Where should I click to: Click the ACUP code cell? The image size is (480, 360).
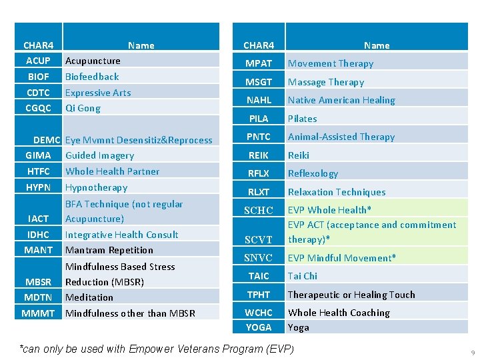tap(38, 61)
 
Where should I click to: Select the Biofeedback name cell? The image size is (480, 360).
tap(92, 77)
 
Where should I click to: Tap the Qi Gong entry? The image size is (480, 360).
tap(83, 108)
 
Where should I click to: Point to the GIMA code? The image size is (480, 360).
tap(38, 155)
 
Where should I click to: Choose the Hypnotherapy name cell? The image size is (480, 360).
tap(96, 187)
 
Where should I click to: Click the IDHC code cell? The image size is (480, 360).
tap(38, 235)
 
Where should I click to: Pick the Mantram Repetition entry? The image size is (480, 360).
tap(109, 250)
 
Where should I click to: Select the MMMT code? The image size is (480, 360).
tap(38, 313)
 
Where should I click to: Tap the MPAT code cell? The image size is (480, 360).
tap(259, 63)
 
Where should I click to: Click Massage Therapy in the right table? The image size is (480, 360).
tap(326, 82)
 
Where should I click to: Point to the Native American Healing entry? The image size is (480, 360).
tap(341, 100)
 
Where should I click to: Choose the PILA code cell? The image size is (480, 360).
tap(259, 119)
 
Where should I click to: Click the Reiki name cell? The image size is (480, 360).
tap(299, 155)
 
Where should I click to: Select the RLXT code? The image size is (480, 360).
tap(259, 192)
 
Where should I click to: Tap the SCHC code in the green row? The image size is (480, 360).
tap(259, 210)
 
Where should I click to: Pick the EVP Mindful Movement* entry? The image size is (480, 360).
tap(341, 258)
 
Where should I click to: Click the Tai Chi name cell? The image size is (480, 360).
tap(303, 276)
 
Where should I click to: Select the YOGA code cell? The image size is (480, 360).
tap(259, 327)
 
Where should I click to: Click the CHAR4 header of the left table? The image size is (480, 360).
tap(38, 45)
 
